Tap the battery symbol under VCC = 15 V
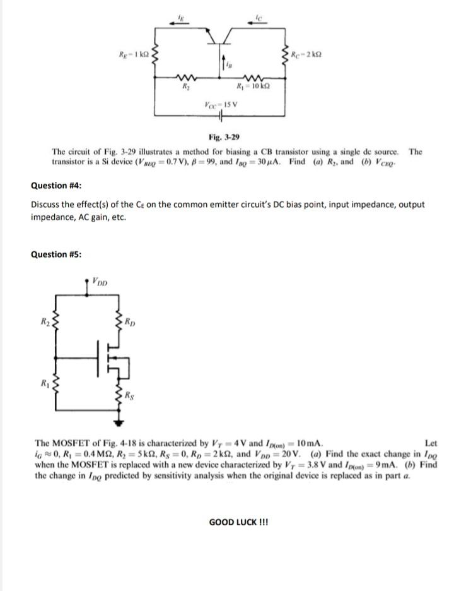click(x=221, y=116)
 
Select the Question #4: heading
click(x=56, y=185)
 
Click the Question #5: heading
click(x=56, y=254)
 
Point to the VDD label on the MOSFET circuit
click(x=99, y=281)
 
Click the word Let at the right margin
click(x=431, y=443)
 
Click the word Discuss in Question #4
click(x=45, y=205)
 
